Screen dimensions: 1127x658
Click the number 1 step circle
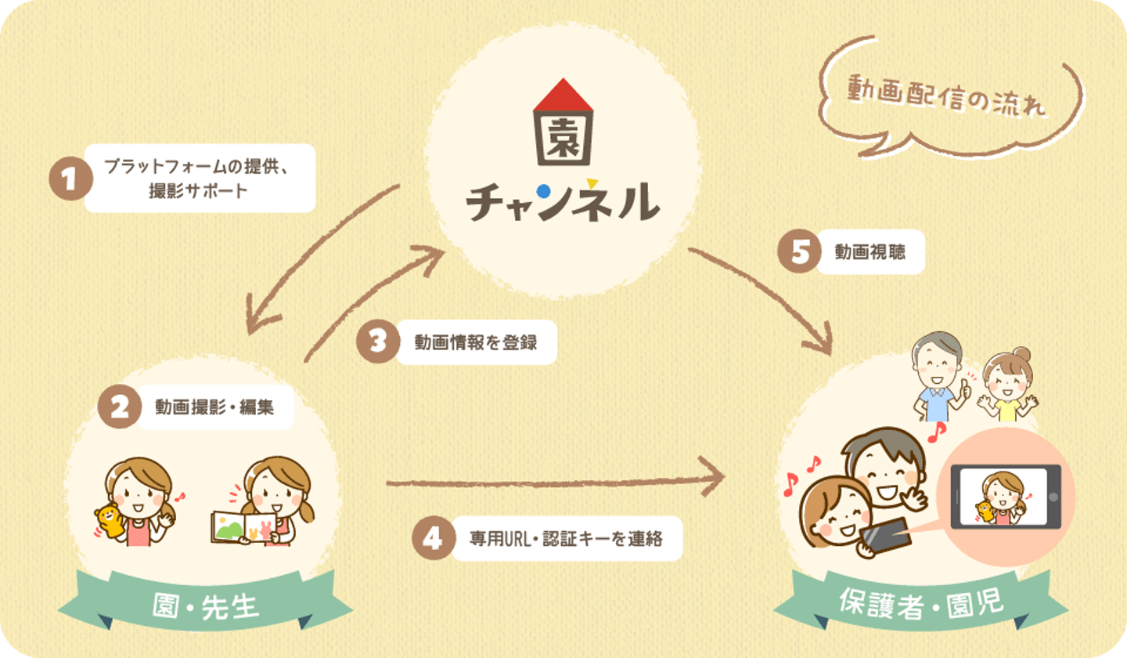tap(70, 179)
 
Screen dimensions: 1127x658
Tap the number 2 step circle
tap(120, 407)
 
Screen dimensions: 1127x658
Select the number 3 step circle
tap(378, 342)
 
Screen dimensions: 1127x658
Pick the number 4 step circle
tap(434, 538)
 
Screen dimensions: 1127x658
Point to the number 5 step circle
tap(800, 251)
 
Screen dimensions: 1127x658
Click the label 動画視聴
tap(870, 251)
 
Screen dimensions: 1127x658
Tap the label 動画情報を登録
tap(476, 342)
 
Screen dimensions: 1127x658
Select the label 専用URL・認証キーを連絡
tap(566, 539)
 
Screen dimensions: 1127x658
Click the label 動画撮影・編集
tap(214, 407)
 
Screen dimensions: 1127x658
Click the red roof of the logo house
tap(563, 95)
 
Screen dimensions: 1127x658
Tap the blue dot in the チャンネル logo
tap(543, 191)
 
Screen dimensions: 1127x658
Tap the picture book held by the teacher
tap(244, 527)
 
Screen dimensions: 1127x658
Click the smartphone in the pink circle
tap(1005, 497)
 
